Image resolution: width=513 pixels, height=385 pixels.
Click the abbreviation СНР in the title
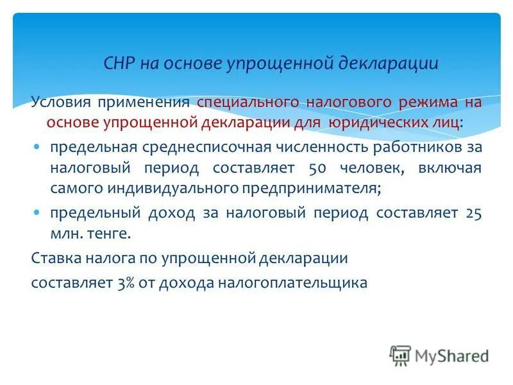tap(119, 64)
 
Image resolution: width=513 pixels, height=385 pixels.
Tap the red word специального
tap(248, 103)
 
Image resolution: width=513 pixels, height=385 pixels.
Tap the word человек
tap(371, 168)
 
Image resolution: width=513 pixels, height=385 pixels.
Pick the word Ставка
tap(53, 259)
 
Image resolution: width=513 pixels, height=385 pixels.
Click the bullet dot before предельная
tap(37, 147)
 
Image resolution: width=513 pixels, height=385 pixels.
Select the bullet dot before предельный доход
tap(37, 212)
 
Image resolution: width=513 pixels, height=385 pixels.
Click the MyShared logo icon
tap(400, 355)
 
